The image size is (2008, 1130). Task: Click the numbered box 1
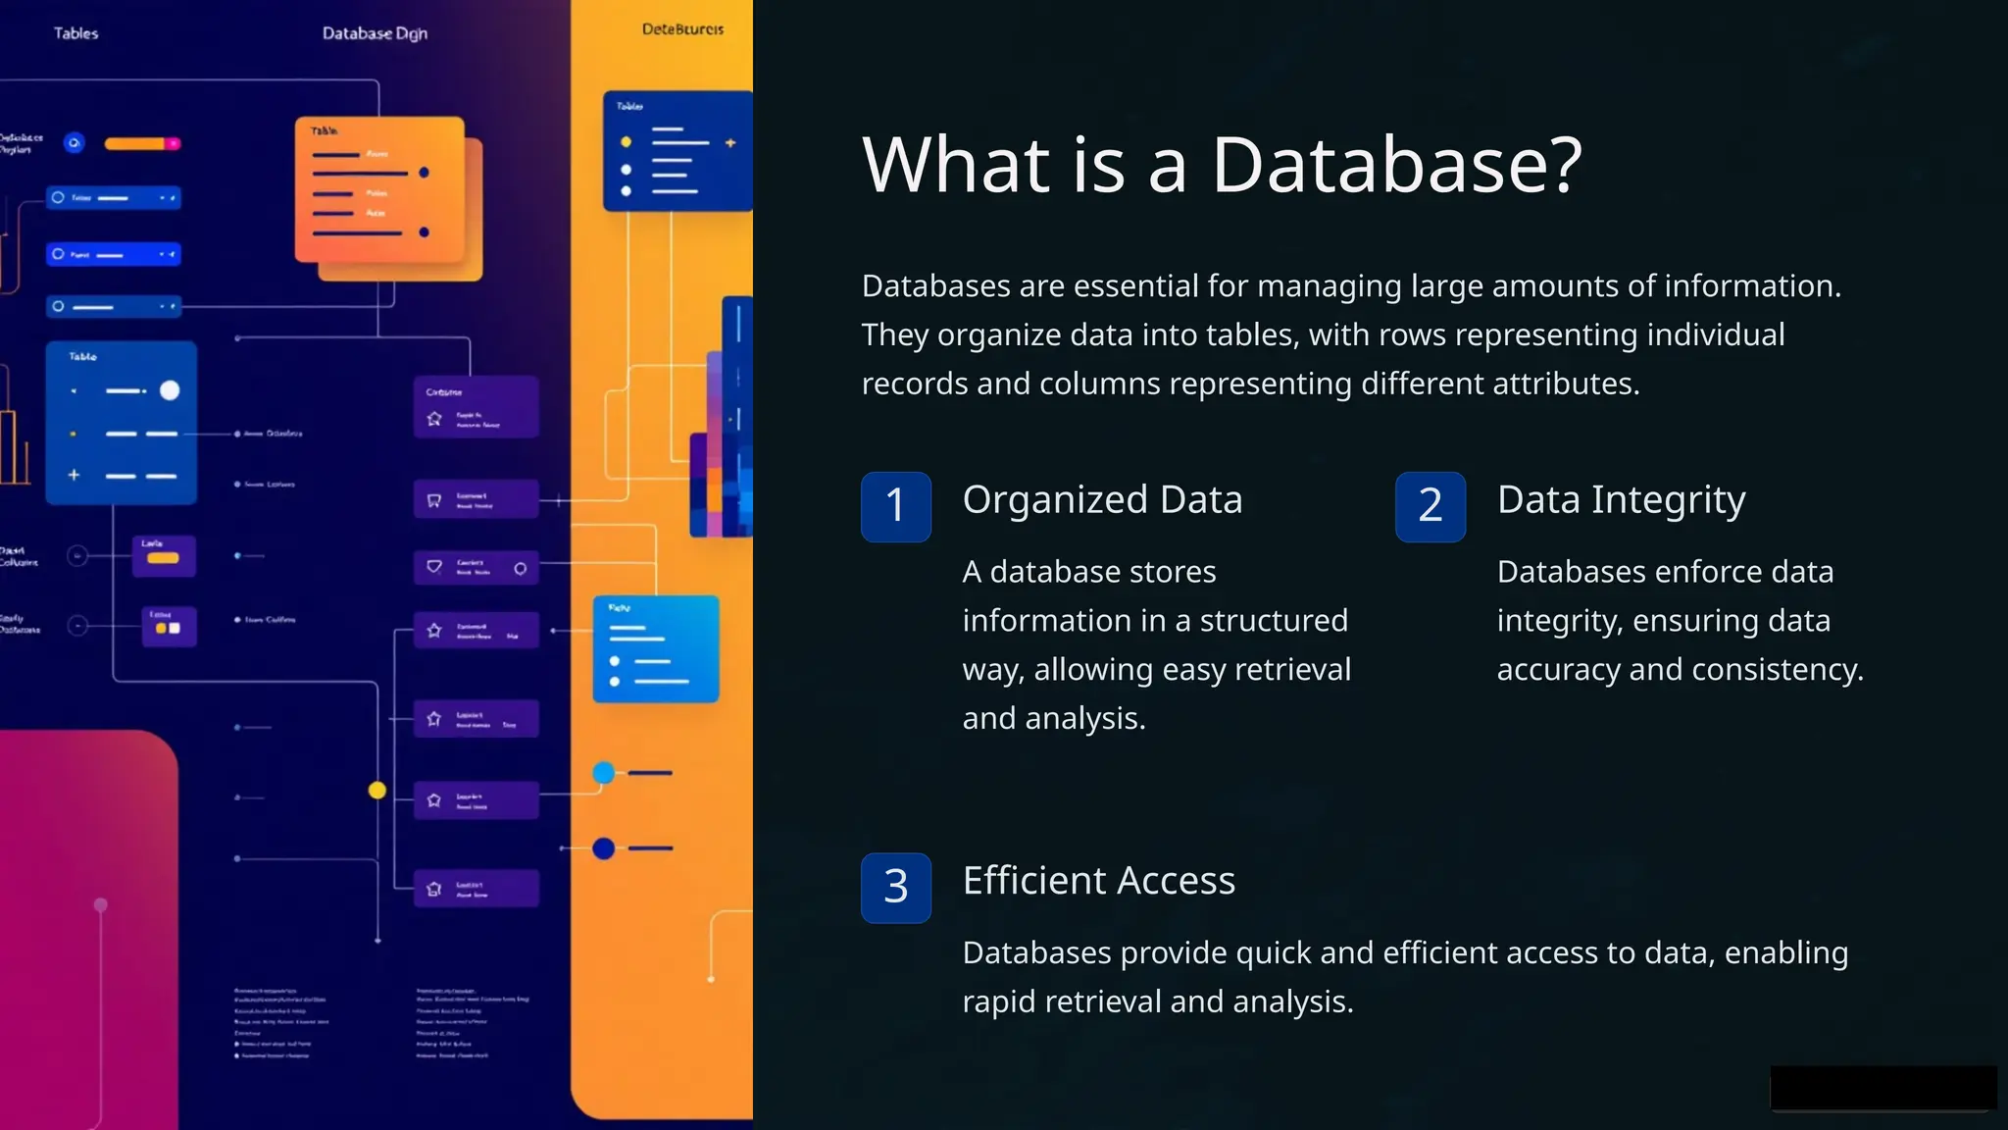click(895, 506)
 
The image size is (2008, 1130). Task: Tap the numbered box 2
click(1430, 506)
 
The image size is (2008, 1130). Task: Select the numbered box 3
click(895, 887)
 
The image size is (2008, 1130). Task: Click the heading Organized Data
click(1102, 500)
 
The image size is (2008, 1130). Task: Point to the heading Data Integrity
click(1621, 500)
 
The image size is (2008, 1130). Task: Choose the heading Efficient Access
click(1098, 881)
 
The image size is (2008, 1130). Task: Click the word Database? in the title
click(1396, 165)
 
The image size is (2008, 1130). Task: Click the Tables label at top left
click(75, 33)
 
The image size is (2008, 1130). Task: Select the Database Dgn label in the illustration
click(375, 33)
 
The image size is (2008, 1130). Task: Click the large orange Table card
click(380, 191)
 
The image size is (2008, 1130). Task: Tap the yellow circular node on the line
click(377, 791)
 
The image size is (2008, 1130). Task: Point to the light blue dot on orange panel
click(604, 773)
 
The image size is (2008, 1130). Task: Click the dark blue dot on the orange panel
click(604, 848)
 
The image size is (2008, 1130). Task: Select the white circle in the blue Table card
click(170, 390)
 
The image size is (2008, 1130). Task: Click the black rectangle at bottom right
click(1882, 1088)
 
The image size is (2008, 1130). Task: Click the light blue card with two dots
click(655, 649)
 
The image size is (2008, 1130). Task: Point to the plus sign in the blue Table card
click(74, 475)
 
